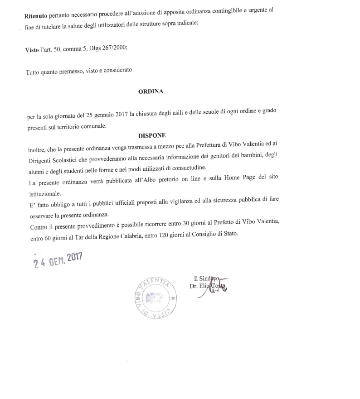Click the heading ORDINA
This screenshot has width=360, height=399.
tap(151, 91)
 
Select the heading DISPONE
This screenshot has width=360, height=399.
tap(152, 135)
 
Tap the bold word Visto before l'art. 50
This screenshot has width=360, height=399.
tap(32, 50)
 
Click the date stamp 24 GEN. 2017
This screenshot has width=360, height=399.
tap(58, 260)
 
